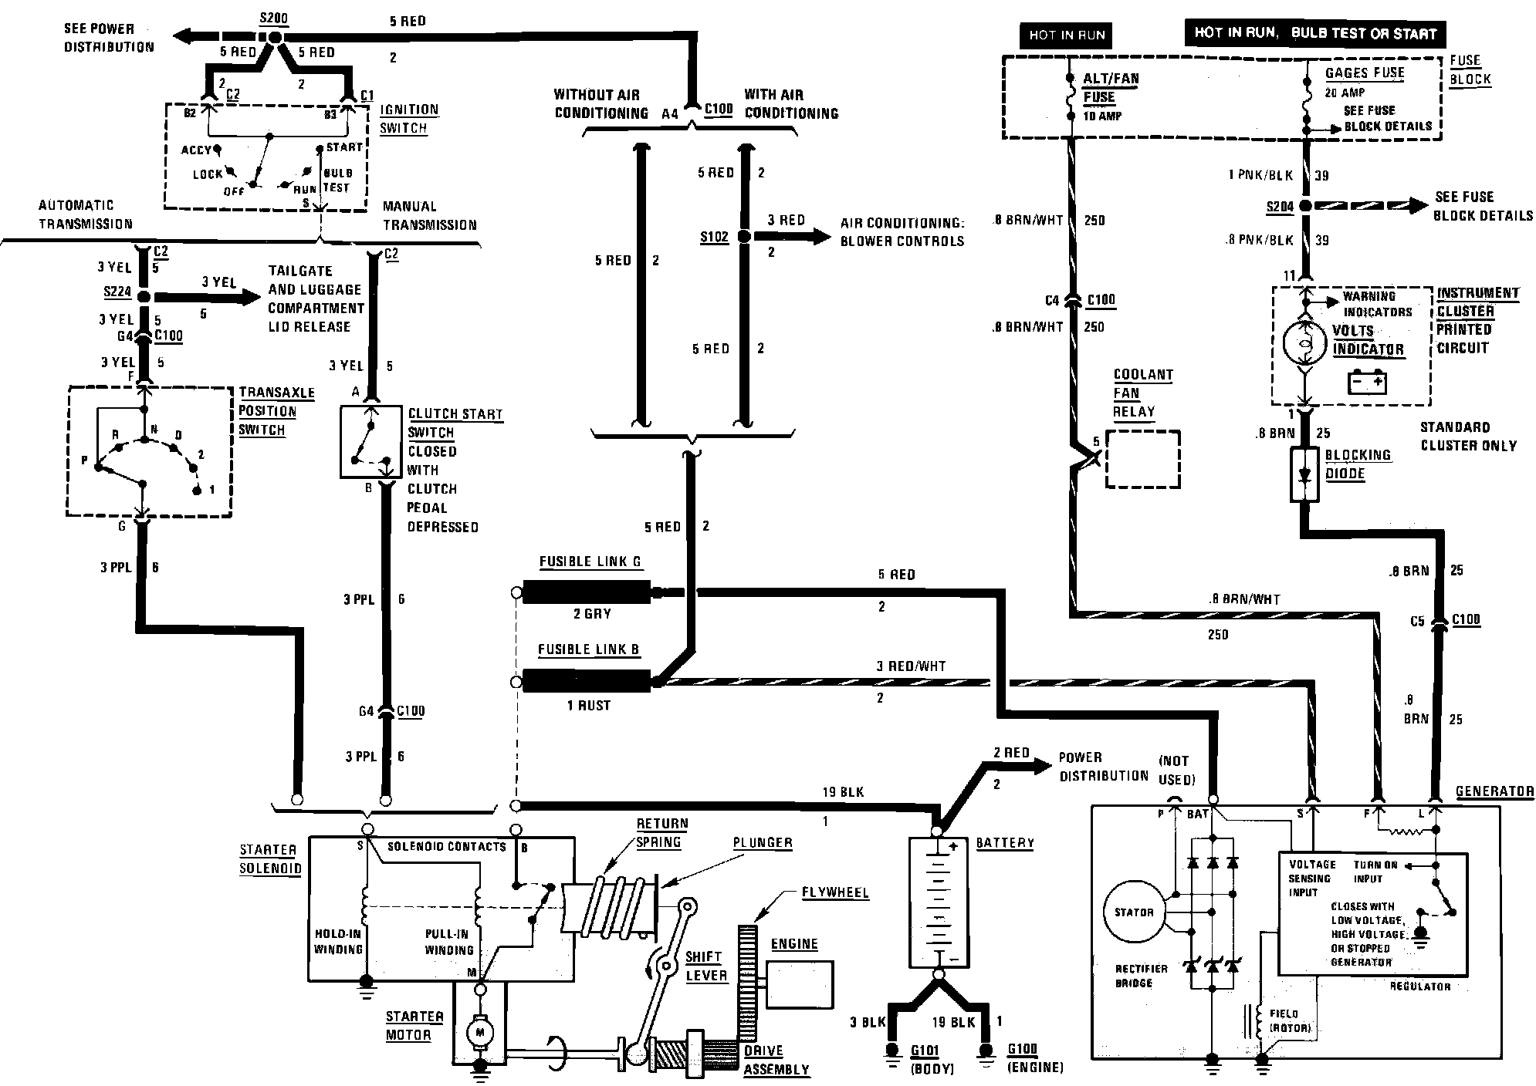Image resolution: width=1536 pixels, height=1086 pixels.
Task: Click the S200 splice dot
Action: pyautogui.click(x=276, y=36)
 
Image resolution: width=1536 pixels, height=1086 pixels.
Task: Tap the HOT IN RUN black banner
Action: pyautogui.click(x=1067, y=35)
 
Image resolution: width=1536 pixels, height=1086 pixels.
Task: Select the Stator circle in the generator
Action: pyautogui.click(x=1134, y=912)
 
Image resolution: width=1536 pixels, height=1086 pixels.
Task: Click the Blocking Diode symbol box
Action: pyautogui.click(x=1304, y=474)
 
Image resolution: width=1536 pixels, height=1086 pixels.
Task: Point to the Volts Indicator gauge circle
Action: pyautogui.click(x=1304, y=344)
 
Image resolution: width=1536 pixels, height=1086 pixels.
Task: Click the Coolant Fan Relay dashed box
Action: pyautogui.click(x=1143, y=459)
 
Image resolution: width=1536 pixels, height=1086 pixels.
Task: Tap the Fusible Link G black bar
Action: pyautogui.click(x=587, y=592)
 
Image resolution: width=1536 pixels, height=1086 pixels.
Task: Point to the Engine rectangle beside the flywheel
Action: pyautogui.click(x=800, y=985)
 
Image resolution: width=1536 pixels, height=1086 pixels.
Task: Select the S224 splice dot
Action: pyautogui.click(x=144, y=295)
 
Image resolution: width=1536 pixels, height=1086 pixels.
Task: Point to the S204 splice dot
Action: pyautogui.click(x=1304, y=206)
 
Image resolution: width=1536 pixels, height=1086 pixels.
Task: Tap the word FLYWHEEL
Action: pyautogui.click(x=835, y=893)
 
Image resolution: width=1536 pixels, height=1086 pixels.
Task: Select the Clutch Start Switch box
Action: pyautogui.click(x=370, y=442)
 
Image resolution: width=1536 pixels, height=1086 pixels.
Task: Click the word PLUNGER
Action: pyautogui.click(x=763, y=843)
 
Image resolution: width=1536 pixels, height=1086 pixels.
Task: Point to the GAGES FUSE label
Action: pyautogui.click(x=1365, y=73)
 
